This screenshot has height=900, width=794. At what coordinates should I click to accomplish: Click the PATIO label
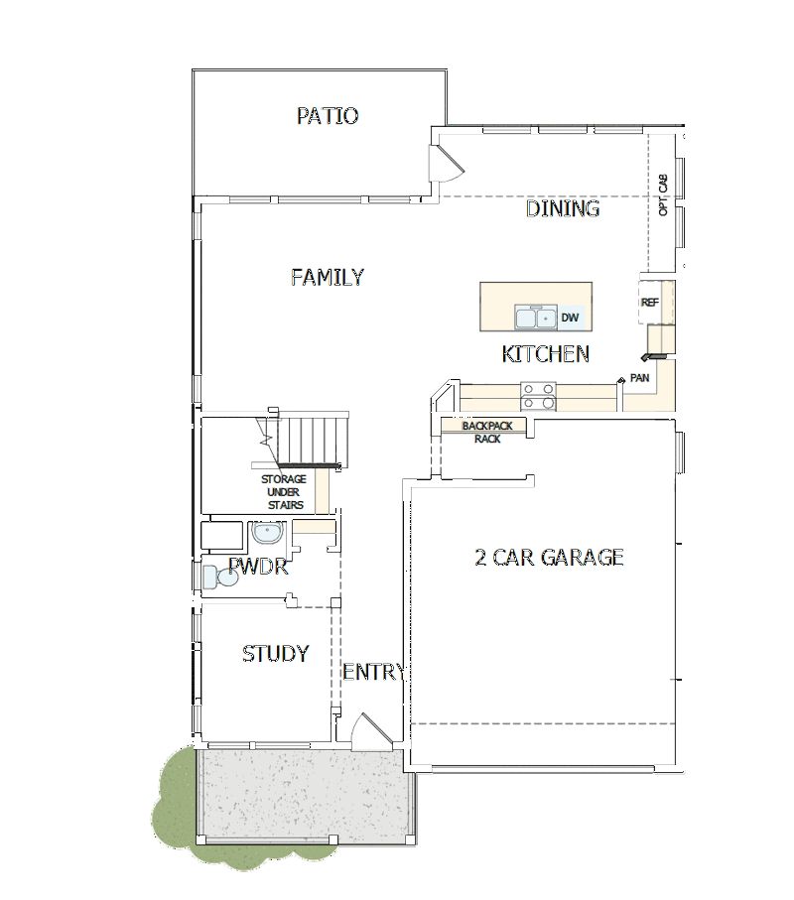tap(328, 116)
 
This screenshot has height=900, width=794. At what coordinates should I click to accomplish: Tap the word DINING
tap(563, 208)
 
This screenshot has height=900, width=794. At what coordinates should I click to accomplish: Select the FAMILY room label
tap(327, 277)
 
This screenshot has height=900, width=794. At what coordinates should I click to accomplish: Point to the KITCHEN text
tap(546, 354)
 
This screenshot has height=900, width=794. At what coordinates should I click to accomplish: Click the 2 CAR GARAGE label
tap(549, 557)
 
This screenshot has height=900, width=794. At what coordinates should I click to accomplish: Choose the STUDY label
tap(275, 654)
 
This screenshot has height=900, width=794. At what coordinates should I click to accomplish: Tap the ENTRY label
tap(373, 673)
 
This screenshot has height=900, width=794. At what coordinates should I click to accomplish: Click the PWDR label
tap(257, 568)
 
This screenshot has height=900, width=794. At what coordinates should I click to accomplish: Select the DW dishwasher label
tap(570, 318)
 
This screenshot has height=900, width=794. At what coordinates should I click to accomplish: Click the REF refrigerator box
tap(649, 303)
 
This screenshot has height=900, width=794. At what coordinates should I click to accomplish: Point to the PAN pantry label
tap(639, 378)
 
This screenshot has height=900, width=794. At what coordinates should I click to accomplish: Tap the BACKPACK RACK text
tap(486, 433)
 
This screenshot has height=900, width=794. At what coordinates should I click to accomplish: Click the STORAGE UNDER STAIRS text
tap(283, 491)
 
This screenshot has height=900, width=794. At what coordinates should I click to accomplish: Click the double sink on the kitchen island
tap(535, 318)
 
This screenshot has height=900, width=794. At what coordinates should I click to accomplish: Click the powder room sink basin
tap(266, 535)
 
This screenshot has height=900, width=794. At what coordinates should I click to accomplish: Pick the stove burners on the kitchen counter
tap(538, 396)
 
